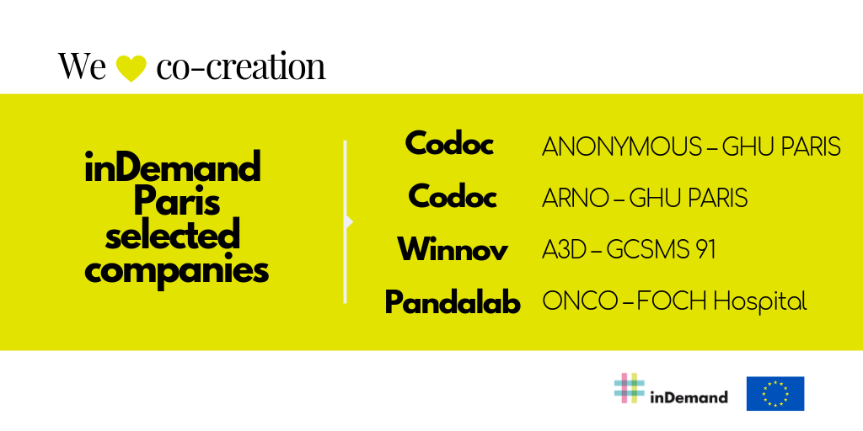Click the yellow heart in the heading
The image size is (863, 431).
[x=131, y=68]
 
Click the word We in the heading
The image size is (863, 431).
[x=82, y=66]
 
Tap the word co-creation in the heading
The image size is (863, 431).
[x=241, y=66]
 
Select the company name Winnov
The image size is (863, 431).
[x=453, y=249]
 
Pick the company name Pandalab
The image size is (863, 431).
[x=453, y=302]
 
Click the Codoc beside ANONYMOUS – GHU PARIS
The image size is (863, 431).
[x=449, y=144]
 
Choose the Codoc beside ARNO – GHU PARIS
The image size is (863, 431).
[x=453, y=196]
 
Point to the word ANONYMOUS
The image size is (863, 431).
[x=622, y=146]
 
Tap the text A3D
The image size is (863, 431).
[x=563, y=250]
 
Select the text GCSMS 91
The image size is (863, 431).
[x=661, y=250]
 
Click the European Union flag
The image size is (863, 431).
[x=775, y=394]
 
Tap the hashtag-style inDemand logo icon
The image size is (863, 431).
[x=629, y=388]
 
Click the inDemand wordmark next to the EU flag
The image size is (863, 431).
[x=689, y=397]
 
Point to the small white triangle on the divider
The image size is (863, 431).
[x=350, y=221]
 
